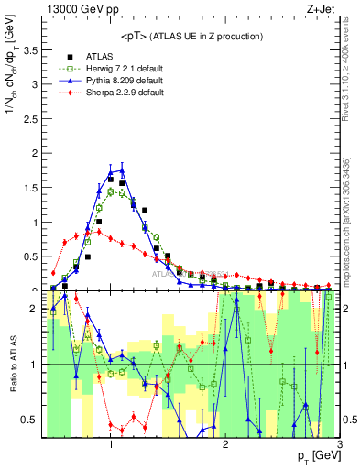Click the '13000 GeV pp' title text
78,9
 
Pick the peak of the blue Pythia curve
122,169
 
